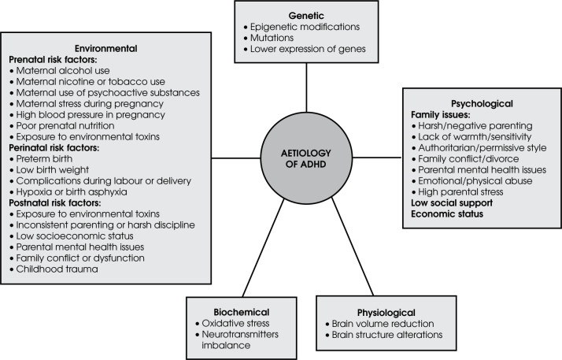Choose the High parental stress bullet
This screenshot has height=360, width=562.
tap(457, 192)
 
